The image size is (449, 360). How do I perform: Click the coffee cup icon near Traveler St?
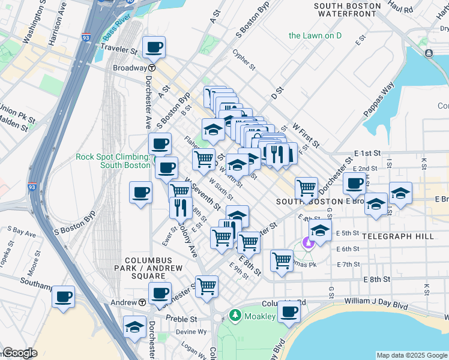pos(154,47)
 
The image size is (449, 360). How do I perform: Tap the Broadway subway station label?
pos(130,68)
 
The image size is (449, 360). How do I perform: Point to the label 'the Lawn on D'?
pos(315,35)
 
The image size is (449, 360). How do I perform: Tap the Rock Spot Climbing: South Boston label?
pos(113,161)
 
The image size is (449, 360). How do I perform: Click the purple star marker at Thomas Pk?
pos(309,243)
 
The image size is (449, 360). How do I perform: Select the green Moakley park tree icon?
pos(235,316)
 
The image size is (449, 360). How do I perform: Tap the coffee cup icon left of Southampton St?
pos(63,296)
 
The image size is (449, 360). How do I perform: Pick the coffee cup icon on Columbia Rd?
pos(289,311)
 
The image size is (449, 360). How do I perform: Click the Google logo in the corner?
pos(19,353)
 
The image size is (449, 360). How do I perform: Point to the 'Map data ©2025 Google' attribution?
pos(411,355)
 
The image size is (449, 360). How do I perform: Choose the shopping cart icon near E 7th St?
pos(282,260)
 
